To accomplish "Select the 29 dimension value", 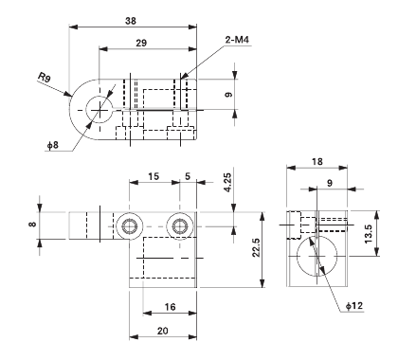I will click(x=140, y=45).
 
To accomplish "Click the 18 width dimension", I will click(x=316, y=163).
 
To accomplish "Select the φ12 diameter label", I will click(x=353, y=307).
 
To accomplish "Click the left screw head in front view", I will click(x=130, y=225).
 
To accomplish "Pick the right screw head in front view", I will click(x=177, y=225).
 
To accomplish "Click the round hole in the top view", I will click(x=98, y=107).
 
